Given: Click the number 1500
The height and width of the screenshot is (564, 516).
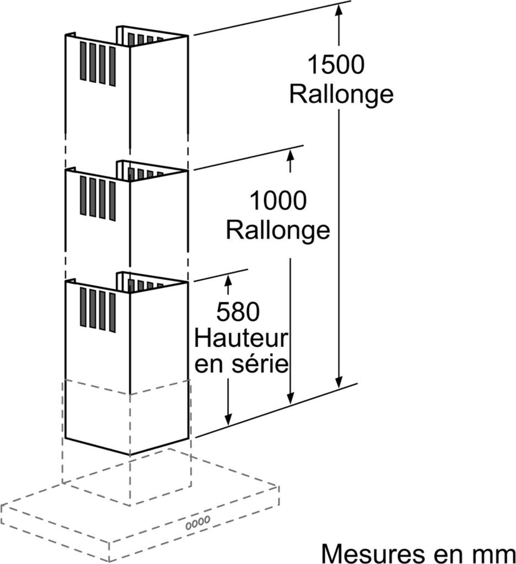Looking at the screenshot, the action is pos(335,66).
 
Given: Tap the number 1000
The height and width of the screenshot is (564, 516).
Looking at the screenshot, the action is pos(278,201).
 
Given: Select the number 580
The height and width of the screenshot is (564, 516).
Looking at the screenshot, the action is pos(238,313).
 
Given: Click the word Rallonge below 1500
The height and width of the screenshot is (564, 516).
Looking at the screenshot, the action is pos(341,94).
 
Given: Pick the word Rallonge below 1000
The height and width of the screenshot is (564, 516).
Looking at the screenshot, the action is pos(278,230).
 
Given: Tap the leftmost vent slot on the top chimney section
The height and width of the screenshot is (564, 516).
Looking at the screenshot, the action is pos(83,61).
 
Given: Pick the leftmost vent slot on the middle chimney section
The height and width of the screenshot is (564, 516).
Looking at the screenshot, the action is pos(83,196).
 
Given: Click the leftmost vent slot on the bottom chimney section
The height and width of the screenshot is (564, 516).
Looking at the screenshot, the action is pos(83,307).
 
